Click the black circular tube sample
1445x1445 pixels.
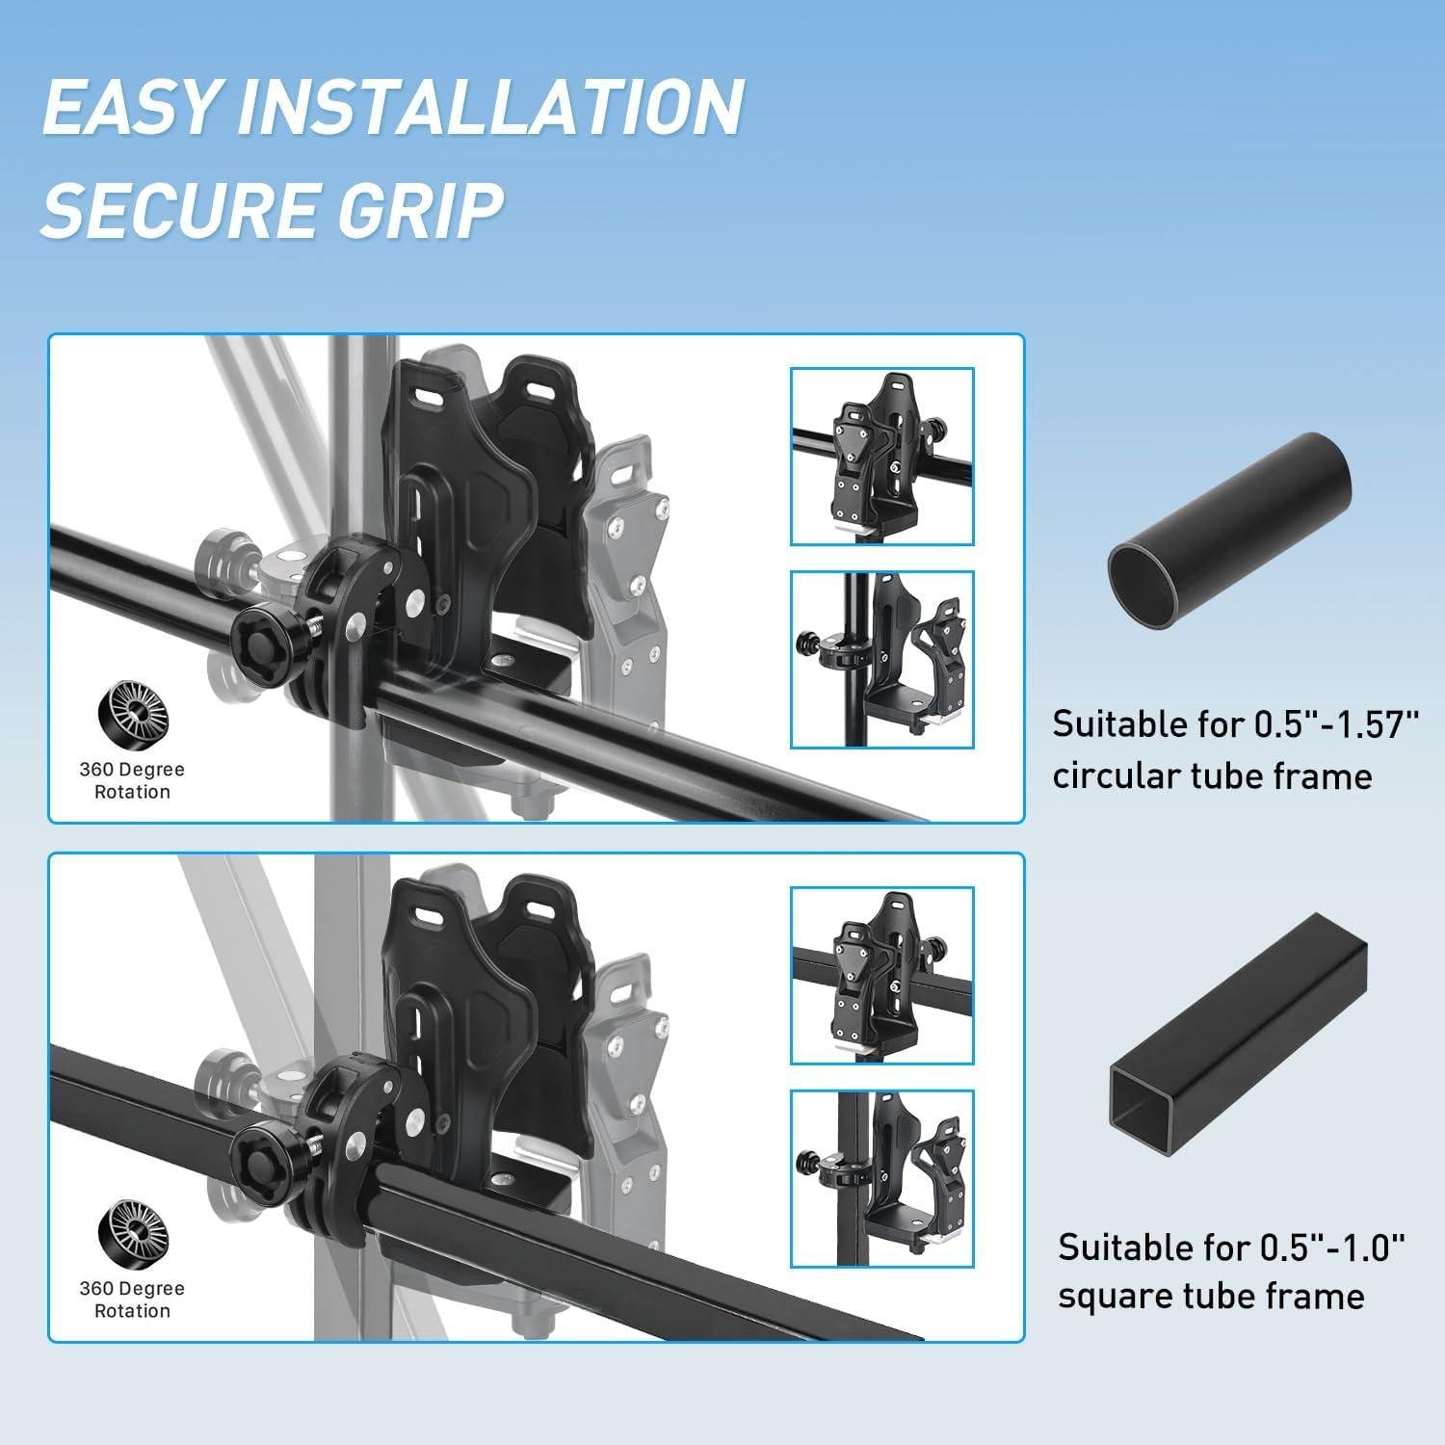click(x=1229, y=531)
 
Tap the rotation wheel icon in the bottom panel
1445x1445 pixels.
click(x=132, y=1237)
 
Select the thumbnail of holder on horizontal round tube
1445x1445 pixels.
click(x=881, y=456)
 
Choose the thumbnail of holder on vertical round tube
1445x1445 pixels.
click(x=881, y=660)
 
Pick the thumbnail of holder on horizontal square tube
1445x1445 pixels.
click(x=881, y=975)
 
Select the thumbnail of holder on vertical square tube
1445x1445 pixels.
click(x=881, y=1178)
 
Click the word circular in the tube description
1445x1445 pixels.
click(x=1114, y=775)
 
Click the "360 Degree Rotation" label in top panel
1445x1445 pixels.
click(x=132, y=780)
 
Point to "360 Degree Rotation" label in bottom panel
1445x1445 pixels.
click(x=132, y=1300)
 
